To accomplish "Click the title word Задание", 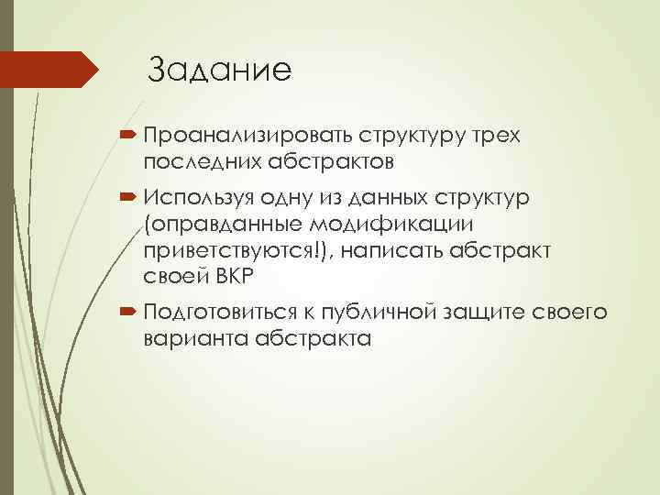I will click(219, 70).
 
